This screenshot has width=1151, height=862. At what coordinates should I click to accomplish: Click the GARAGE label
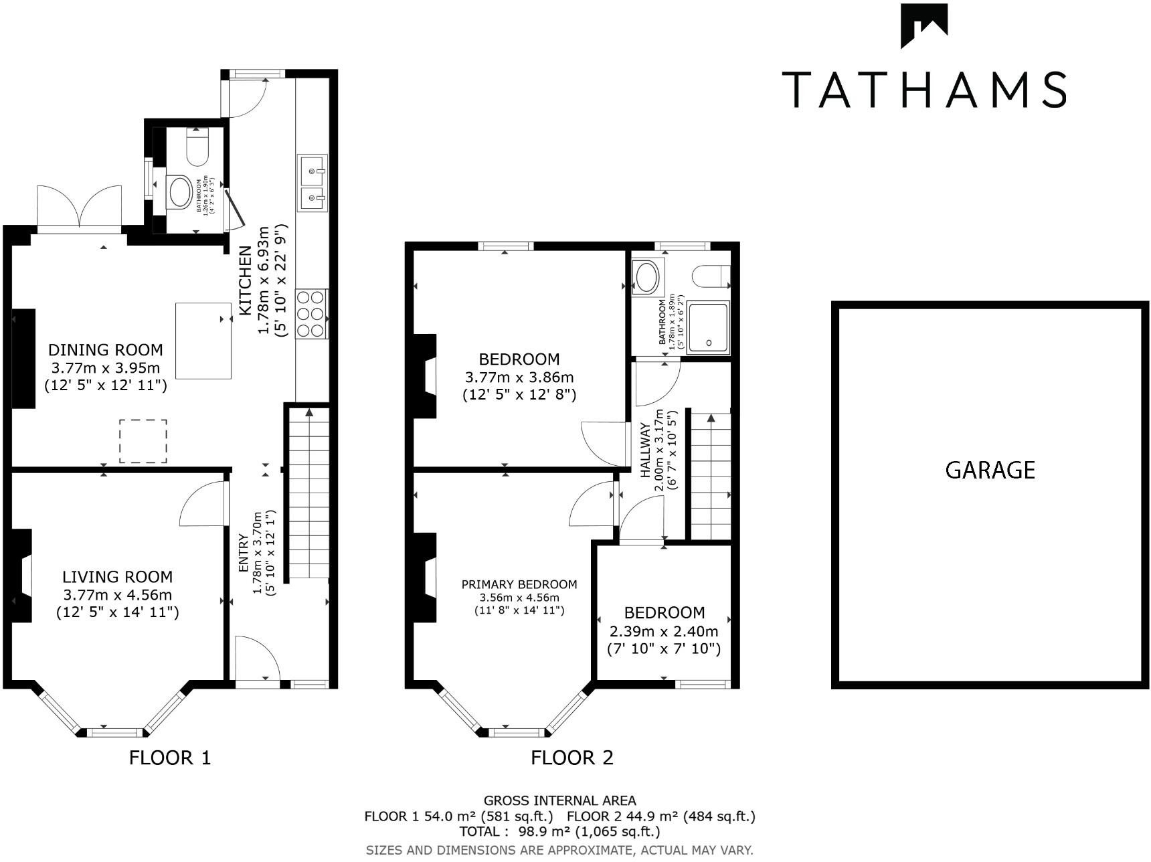990,470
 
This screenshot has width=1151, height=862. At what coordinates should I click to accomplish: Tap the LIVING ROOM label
117,577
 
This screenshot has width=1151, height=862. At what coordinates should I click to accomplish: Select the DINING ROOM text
105,350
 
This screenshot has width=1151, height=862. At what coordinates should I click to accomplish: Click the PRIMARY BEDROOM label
519,584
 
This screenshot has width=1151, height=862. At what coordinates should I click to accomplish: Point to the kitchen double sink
313,183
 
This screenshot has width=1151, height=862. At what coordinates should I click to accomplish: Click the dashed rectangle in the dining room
143,441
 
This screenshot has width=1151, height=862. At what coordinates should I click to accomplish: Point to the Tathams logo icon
923,25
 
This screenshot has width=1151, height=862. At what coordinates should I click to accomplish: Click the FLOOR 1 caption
169,758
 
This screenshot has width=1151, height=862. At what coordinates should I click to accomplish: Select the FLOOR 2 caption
571,758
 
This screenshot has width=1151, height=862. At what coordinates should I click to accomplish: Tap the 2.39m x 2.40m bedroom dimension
664,631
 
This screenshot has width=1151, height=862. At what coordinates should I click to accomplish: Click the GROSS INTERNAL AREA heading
559,800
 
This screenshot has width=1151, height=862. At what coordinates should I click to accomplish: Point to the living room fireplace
21,576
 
